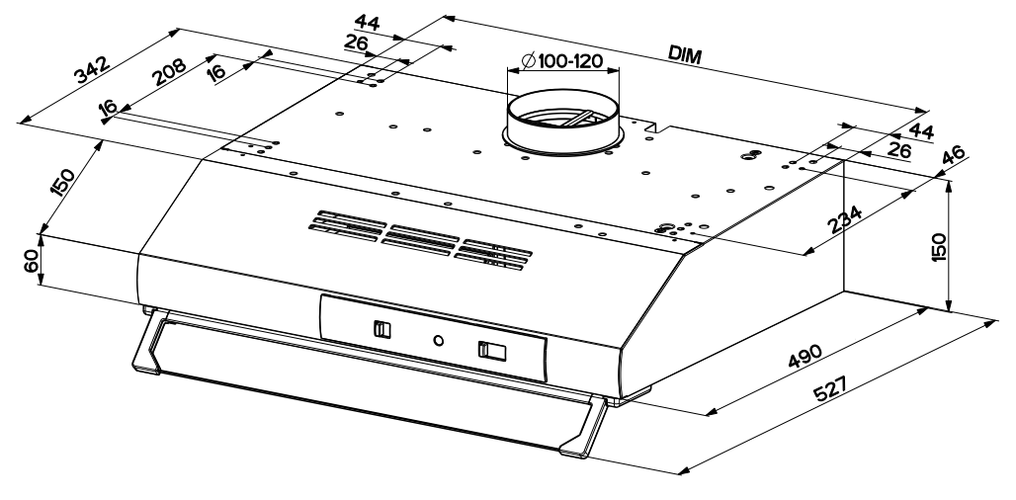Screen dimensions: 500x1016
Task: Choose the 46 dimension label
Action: (954, 156)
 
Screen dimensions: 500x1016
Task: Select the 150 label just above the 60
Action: (62, 183)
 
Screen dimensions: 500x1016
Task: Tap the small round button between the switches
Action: (438, 340)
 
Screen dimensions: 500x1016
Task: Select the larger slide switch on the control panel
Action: (490, 350)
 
